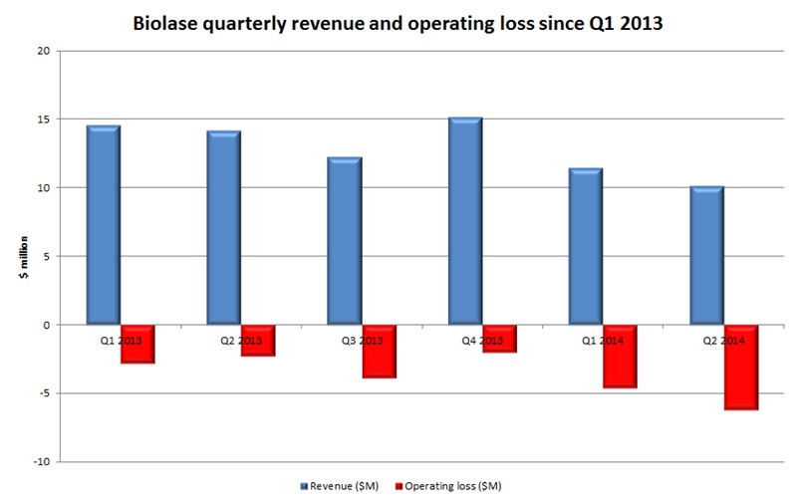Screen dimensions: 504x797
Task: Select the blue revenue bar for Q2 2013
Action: pos(224,227)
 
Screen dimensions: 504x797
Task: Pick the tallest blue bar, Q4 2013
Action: pos(465,221)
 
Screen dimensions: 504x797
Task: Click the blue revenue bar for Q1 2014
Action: pos(586,246)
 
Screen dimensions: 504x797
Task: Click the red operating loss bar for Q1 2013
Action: pos(137,344)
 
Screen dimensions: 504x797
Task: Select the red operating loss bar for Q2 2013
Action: pos(258,341)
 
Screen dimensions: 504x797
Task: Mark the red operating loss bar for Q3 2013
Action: pos(379,351)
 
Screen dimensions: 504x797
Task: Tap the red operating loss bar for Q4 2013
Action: pos(499,339)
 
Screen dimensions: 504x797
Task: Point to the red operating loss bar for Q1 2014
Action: pos(620,356)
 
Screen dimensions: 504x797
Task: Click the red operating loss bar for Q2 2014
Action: pos(740,367)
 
